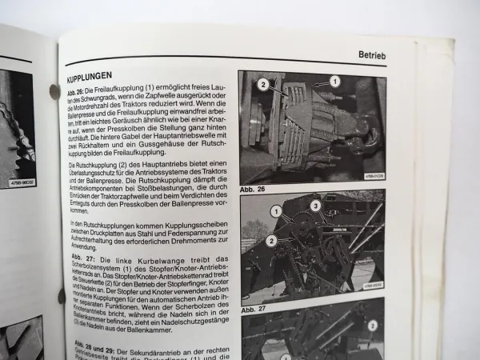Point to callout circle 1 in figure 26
tap(335, 81)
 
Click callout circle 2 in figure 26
tap(262, 83)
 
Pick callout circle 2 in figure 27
tap(273, 239)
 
